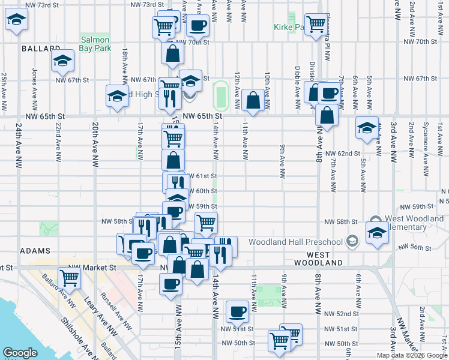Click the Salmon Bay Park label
coord(95,43)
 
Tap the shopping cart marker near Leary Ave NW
coord(70,278)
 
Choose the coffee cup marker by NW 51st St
coord(237,311)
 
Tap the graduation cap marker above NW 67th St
coord(62,61)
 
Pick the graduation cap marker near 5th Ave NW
coord(367,127)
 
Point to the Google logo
coord(20,353)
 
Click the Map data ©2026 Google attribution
coord(412,355)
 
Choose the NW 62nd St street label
coord(343,154)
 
